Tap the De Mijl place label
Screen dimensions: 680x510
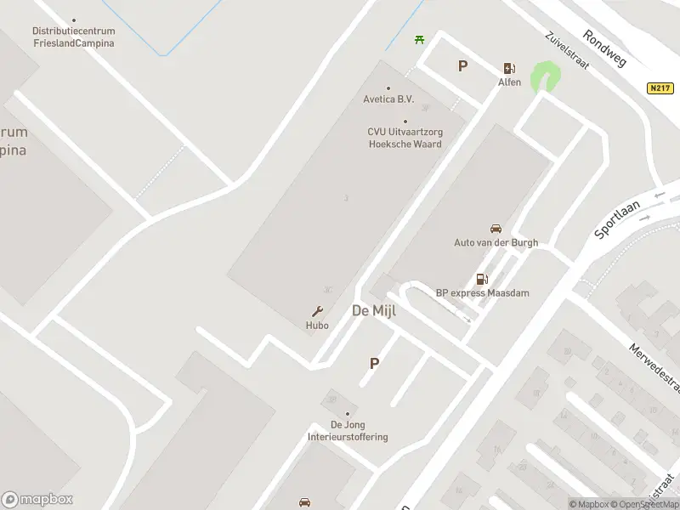[374, 311]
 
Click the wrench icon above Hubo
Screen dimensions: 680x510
[318, 311]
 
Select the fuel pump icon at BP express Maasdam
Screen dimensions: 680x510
[482, 279]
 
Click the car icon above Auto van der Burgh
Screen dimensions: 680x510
[496, 229]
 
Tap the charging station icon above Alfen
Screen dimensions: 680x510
[509, 69]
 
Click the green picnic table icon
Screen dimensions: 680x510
[419, 39]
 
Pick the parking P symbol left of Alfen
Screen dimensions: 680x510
[463, 65]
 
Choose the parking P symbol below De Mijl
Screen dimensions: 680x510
[374, 363]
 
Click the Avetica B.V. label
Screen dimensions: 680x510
[388, 99]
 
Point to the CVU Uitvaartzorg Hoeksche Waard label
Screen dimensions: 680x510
[405, 138]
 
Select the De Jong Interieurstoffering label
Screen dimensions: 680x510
[348, 431]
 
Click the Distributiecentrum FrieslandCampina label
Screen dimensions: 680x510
[74, 37]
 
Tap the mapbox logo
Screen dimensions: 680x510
[37, 500]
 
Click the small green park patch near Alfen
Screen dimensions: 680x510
[545, 78]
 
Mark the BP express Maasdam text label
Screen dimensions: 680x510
[482, 293]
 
